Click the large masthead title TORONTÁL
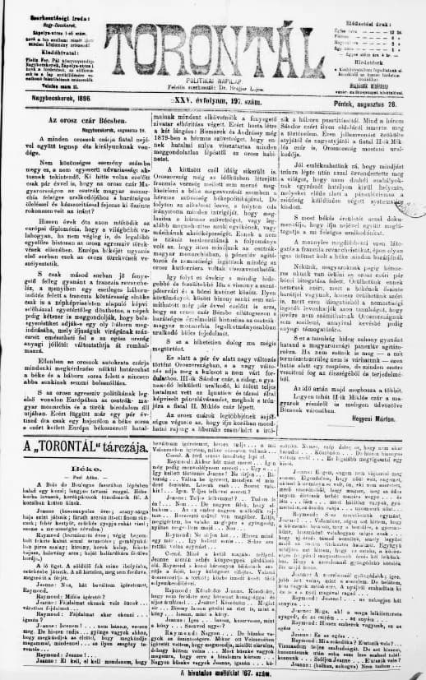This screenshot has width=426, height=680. (218, 46)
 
